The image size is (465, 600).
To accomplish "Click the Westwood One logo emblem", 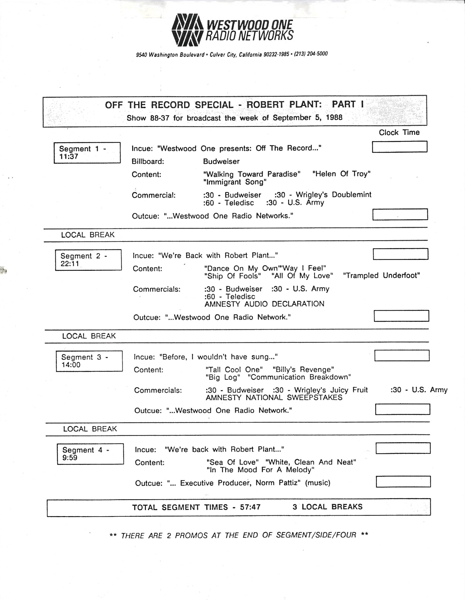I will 187,30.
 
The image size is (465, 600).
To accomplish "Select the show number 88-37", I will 160,118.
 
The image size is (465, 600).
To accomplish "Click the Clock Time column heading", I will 399,132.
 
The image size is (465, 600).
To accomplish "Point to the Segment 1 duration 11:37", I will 69,157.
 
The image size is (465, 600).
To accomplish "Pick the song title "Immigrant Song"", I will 235,182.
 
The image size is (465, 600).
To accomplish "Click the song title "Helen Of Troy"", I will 342,174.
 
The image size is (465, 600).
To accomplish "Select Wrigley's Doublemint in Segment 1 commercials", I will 333,195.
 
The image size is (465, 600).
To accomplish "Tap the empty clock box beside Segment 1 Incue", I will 399,147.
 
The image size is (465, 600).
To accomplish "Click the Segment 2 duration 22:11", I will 70,264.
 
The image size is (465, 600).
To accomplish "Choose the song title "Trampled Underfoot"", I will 381,276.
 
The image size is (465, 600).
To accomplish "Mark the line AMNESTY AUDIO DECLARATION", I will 264,304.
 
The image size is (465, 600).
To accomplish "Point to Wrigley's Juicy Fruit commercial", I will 331,390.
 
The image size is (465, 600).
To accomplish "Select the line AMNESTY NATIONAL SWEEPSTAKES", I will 274,397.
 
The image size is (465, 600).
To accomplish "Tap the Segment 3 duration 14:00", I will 71,365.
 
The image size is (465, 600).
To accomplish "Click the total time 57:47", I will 250,507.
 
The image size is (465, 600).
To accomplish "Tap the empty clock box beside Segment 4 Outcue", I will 403,482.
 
